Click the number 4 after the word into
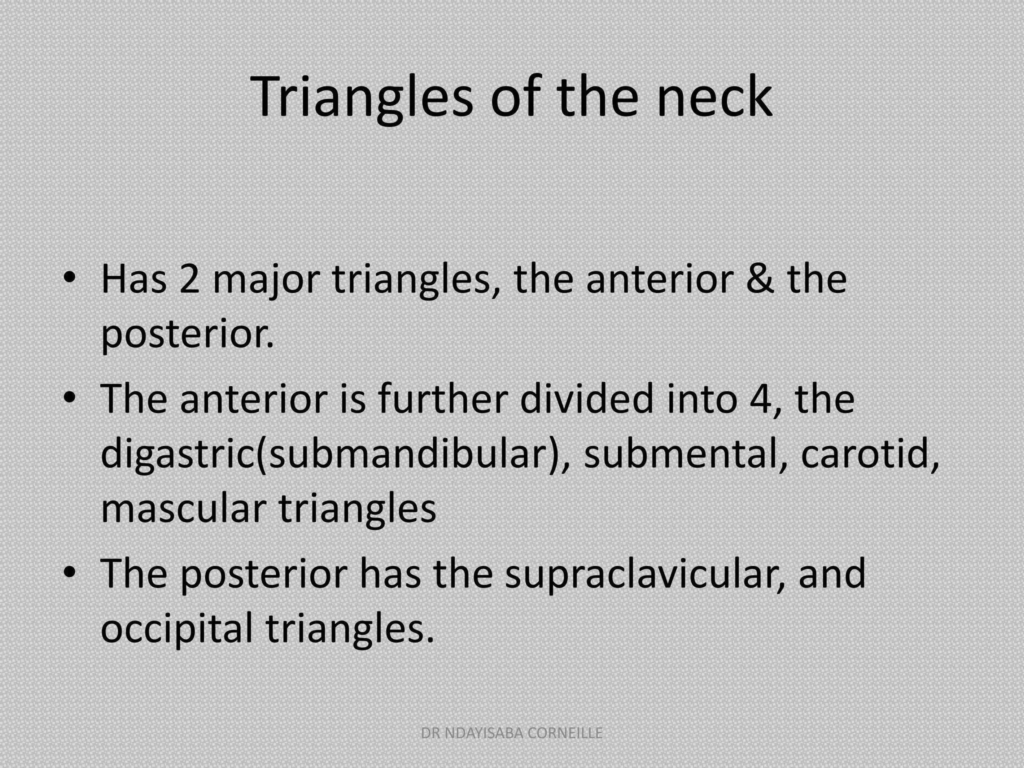click(760, 399)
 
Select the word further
click(442, 399)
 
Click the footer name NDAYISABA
click(483, 733)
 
